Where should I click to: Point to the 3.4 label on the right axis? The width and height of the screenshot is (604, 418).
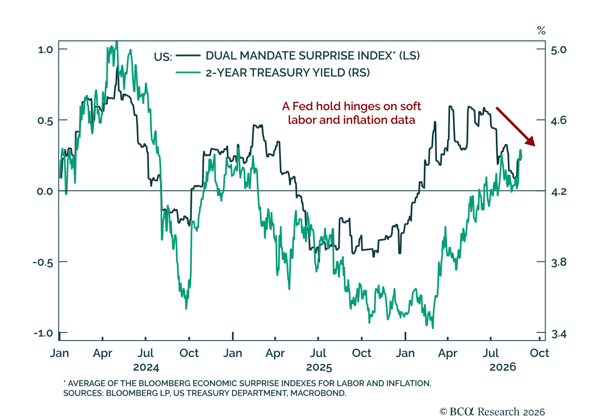click(558, 334)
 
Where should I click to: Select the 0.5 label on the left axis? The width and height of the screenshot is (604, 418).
click(45, 120)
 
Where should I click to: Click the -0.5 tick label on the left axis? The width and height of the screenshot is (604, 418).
click(43, 262)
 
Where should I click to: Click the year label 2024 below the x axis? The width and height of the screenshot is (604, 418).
click(146, 367)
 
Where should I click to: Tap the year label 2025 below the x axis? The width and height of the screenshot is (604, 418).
click(319, 367)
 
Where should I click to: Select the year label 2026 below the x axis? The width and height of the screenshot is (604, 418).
click(503, 367)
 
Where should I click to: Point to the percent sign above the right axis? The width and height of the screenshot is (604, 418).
click(541, 31)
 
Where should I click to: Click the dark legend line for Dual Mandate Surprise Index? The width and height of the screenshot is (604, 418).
click(188, 55)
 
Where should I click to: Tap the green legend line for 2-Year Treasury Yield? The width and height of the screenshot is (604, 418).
click(188, 73)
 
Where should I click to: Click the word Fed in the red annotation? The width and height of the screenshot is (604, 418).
click(303, 106)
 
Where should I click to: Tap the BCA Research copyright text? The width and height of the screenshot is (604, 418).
click(492, 411)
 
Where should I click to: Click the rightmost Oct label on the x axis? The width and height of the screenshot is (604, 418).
click(539, 353)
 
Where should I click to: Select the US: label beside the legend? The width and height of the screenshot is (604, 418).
click(163, 57)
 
